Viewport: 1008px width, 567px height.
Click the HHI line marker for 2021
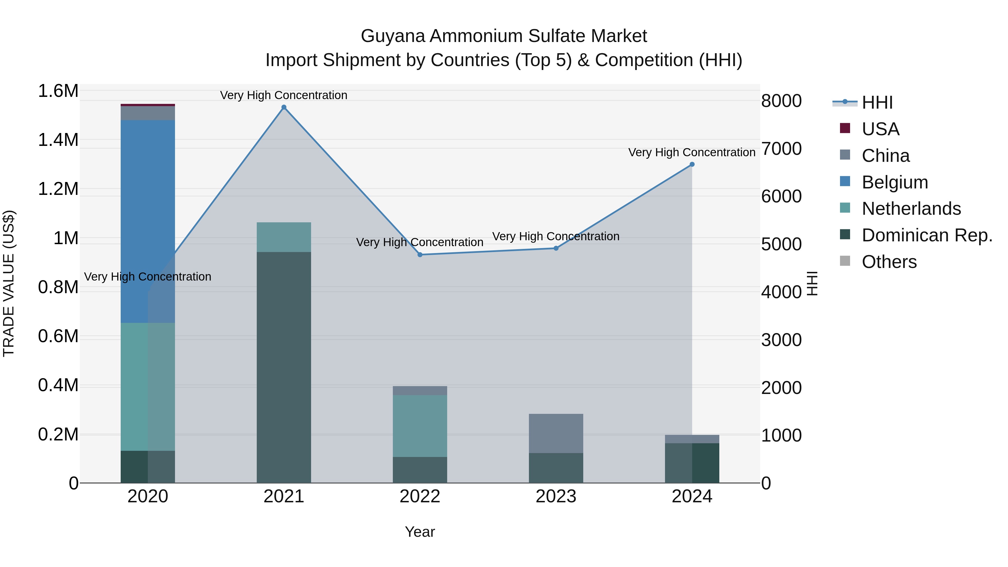(284, 107)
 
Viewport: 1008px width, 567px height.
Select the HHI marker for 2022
(420, 255)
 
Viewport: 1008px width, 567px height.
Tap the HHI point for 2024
(692, 164)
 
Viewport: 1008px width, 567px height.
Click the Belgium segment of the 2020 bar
(148, 221)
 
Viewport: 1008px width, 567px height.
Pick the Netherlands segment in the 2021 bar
(284, 237)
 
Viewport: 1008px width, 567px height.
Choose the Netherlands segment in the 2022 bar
(420, 426)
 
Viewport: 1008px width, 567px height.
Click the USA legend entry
(880, 129)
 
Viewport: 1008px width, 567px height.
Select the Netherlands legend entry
(911, 209)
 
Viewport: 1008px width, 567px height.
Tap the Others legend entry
(889, 262)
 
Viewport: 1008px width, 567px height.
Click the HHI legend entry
(877, 102)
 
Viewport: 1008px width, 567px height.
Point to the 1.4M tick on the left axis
(58, 140)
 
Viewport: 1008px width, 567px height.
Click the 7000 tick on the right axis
(781, 149)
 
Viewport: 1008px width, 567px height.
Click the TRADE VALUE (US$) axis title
(9, 283)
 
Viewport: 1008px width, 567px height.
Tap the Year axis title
(420, 532)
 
